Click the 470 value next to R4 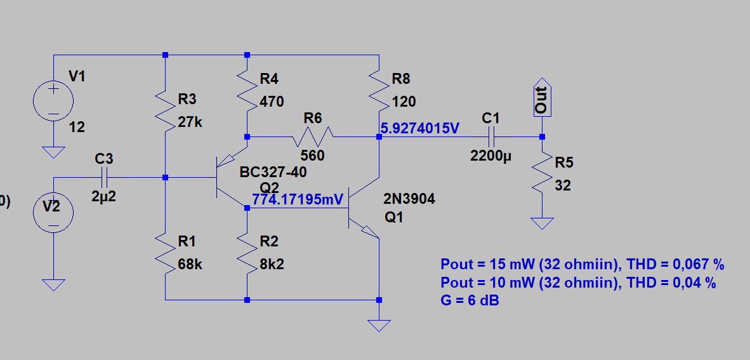click(272, 102)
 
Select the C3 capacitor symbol click(104, 177)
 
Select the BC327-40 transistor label click(269, 173)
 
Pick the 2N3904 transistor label click(409, 200)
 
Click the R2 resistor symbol click(246, 252)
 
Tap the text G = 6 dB click(470, 300)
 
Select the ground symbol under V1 click(54, 152)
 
